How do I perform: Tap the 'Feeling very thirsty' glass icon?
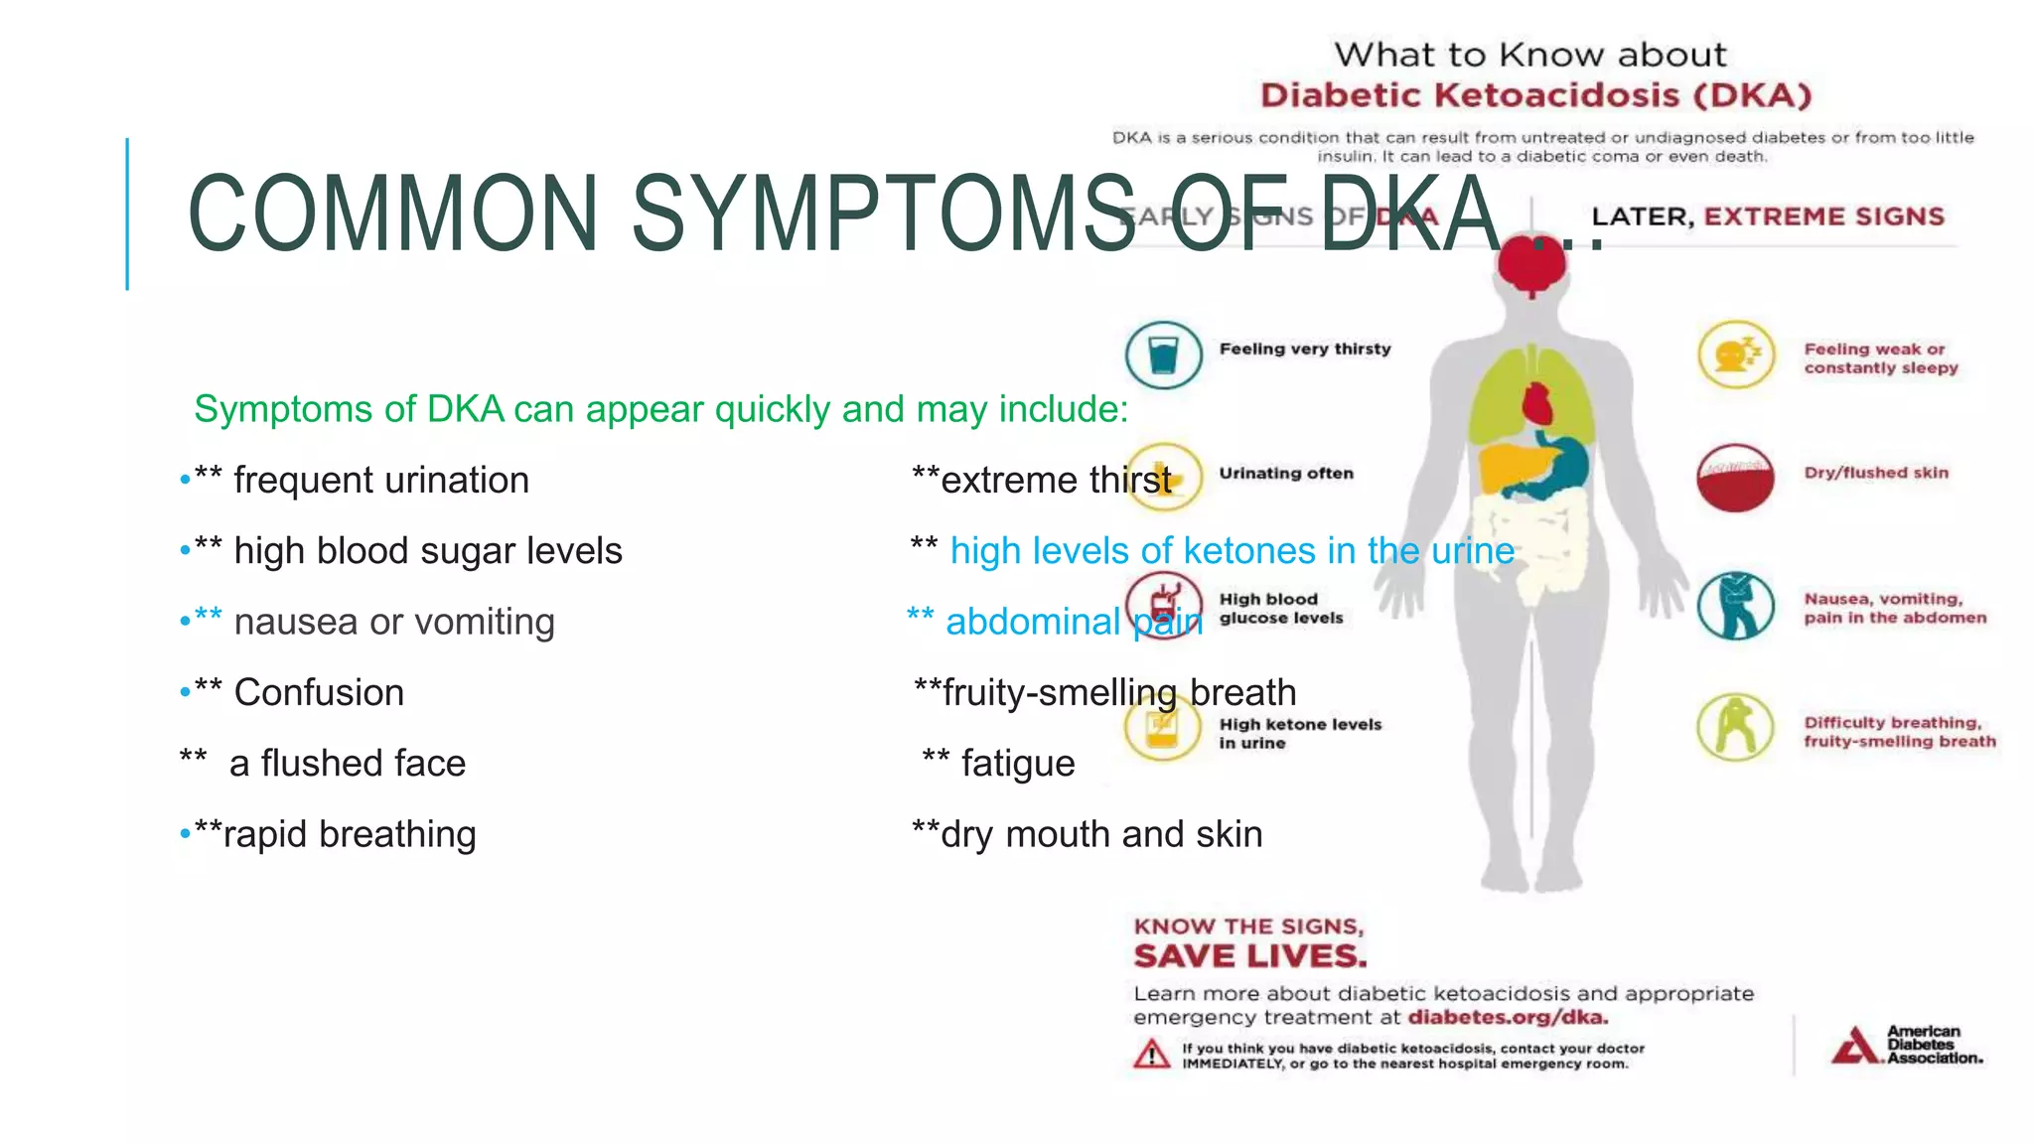tap(1163, 355)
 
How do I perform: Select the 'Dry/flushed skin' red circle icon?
tap(1735, 478)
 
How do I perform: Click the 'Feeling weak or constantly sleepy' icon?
tap(1735, 355)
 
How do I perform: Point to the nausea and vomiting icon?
tap(1735, 605)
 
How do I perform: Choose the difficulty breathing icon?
tap(1735, 728)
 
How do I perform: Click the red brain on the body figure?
tap(1530, 264)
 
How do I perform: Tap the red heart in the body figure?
tap(1537, 404)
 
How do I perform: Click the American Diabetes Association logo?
tap(1907, 1046)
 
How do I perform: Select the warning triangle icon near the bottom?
tap(1152, 1054)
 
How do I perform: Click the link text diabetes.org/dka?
tap(1508, 1017)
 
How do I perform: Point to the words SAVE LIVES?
tap(1250, 956)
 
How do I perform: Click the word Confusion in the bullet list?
tap(319, 692)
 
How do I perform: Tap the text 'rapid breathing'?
tap(350, 834)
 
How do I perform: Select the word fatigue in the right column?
tap(1018, 764)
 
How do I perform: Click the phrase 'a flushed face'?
tap(348, 764)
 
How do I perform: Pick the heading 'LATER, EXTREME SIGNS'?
tap(1768, 216)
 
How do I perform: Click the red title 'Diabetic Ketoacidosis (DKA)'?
tap(1535, 95)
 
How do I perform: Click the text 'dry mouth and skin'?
tap(1101, 834)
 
